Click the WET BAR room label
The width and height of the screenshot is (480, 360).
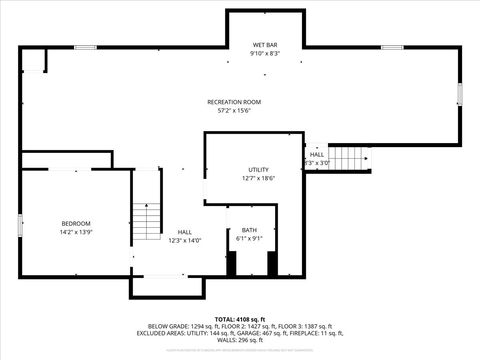point(265,45)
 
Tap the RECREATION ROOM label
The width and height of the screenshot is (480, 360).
point(234,102)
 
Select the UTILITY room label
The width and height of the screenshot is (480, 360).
point(258,170)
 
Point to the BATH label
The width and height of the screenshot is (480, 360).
point(248,230)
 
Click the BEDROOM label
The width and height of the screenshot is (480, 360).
point(76,223)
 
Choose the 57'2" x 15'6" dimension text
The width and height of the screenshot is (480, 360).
point(234,110)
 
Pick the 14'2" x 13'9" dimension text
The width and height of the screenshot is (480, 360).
point(76,231)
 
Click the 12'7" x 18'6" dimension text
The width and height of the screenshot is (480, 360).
point(258,179)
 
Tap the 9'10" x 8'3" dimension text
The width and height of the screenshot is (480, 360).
point(265,53)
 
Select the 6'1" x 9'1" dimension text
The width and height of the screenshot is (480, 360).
point(248,238)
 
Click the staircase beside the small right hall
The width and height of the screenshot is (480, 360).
point(350,158)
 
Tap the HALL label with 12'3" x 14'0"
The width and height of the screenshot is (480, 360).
point(185,232)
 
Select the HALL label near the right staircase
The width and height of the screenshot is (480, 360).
point(316,155)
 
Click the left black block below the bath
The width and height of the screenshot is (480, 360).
point(232,264)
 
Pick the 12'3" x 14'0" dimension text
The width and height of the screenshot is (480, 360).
point(185,240)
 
